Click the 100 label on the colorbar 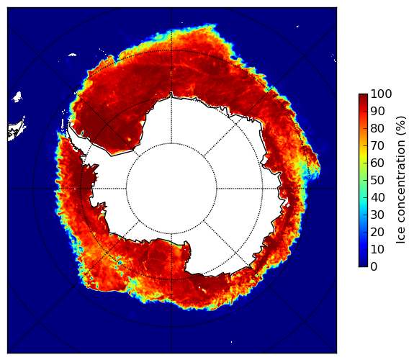381,94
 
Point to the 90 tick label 377,111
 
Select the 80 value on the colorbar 377,129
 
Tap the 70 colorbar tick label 377,145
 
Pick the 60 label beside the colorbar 377,163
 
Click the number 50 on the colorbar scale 377,181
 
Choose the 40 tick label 377,197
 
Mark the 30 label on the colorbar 377,215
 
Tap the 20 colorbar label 377,232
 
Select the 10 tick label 377,249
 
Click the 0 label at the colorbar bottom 374,267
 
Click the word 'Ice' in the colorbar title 401,237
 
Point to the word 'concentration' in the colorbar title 401,184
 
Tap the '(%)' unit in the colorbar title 401,127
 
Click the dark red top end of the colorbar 363,96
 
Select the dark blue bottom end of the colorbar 363,265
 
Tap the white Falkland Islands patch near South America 17,96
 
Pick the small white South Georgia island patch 72,55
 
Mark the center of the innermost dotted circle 171,189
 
